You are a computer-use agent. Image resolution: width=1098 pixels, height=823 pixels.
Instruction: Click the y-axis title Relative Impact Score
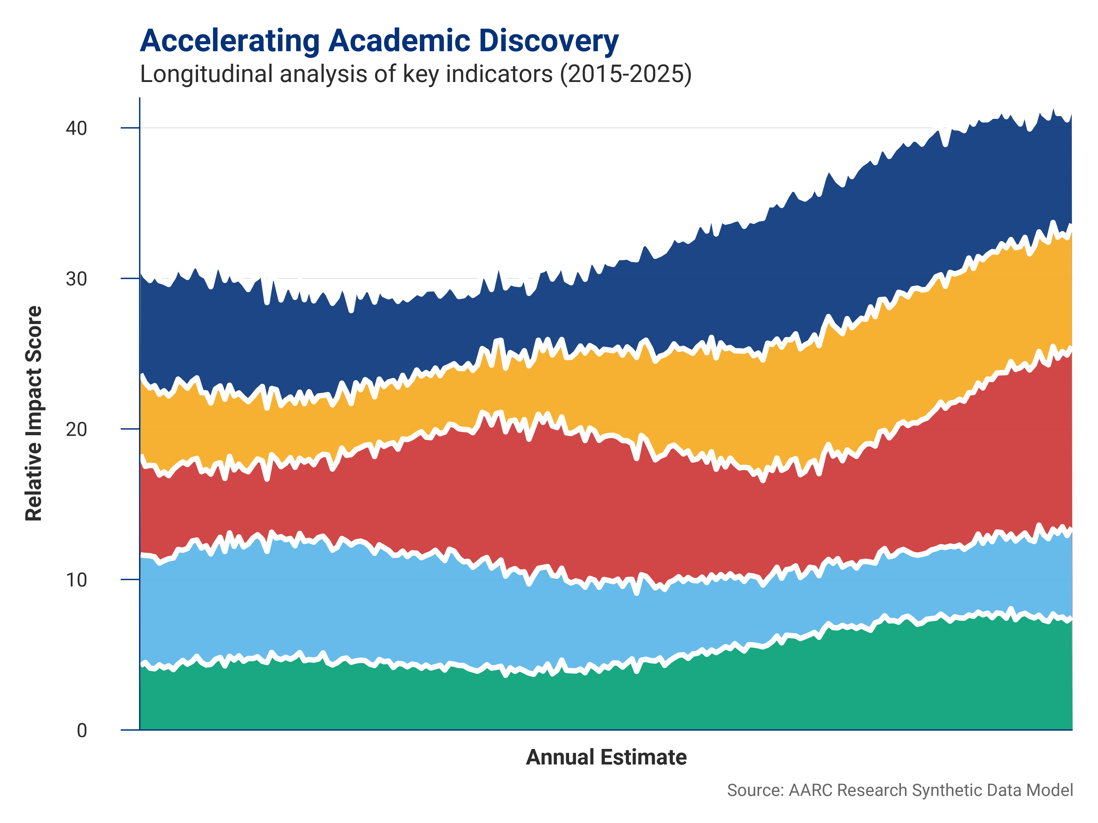click(34, 413)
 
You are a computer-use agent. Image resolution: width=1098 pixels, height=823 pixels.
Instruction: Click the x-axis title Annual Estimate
click(606, 757)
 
